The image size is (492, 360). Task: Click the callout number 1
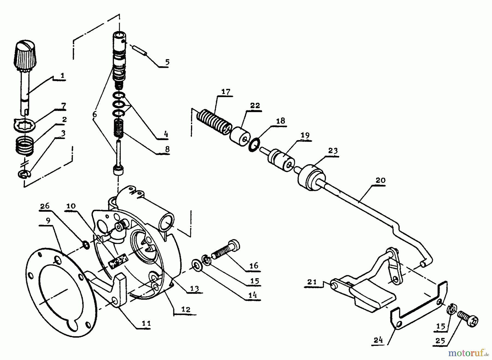point(63,76)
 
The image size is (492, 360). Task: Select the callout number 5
point(167,62)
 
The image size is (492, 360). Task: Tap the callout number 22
point(254,106)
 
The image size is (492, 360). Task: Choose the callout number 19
point(305,135)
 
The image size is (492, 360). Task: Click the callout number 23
point(333,151)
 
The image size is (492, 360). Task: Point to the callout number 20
point(380,180)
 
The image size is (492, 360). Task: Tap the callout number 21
point(312,282)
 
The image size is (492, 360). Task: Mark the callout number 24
point(378,340)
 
